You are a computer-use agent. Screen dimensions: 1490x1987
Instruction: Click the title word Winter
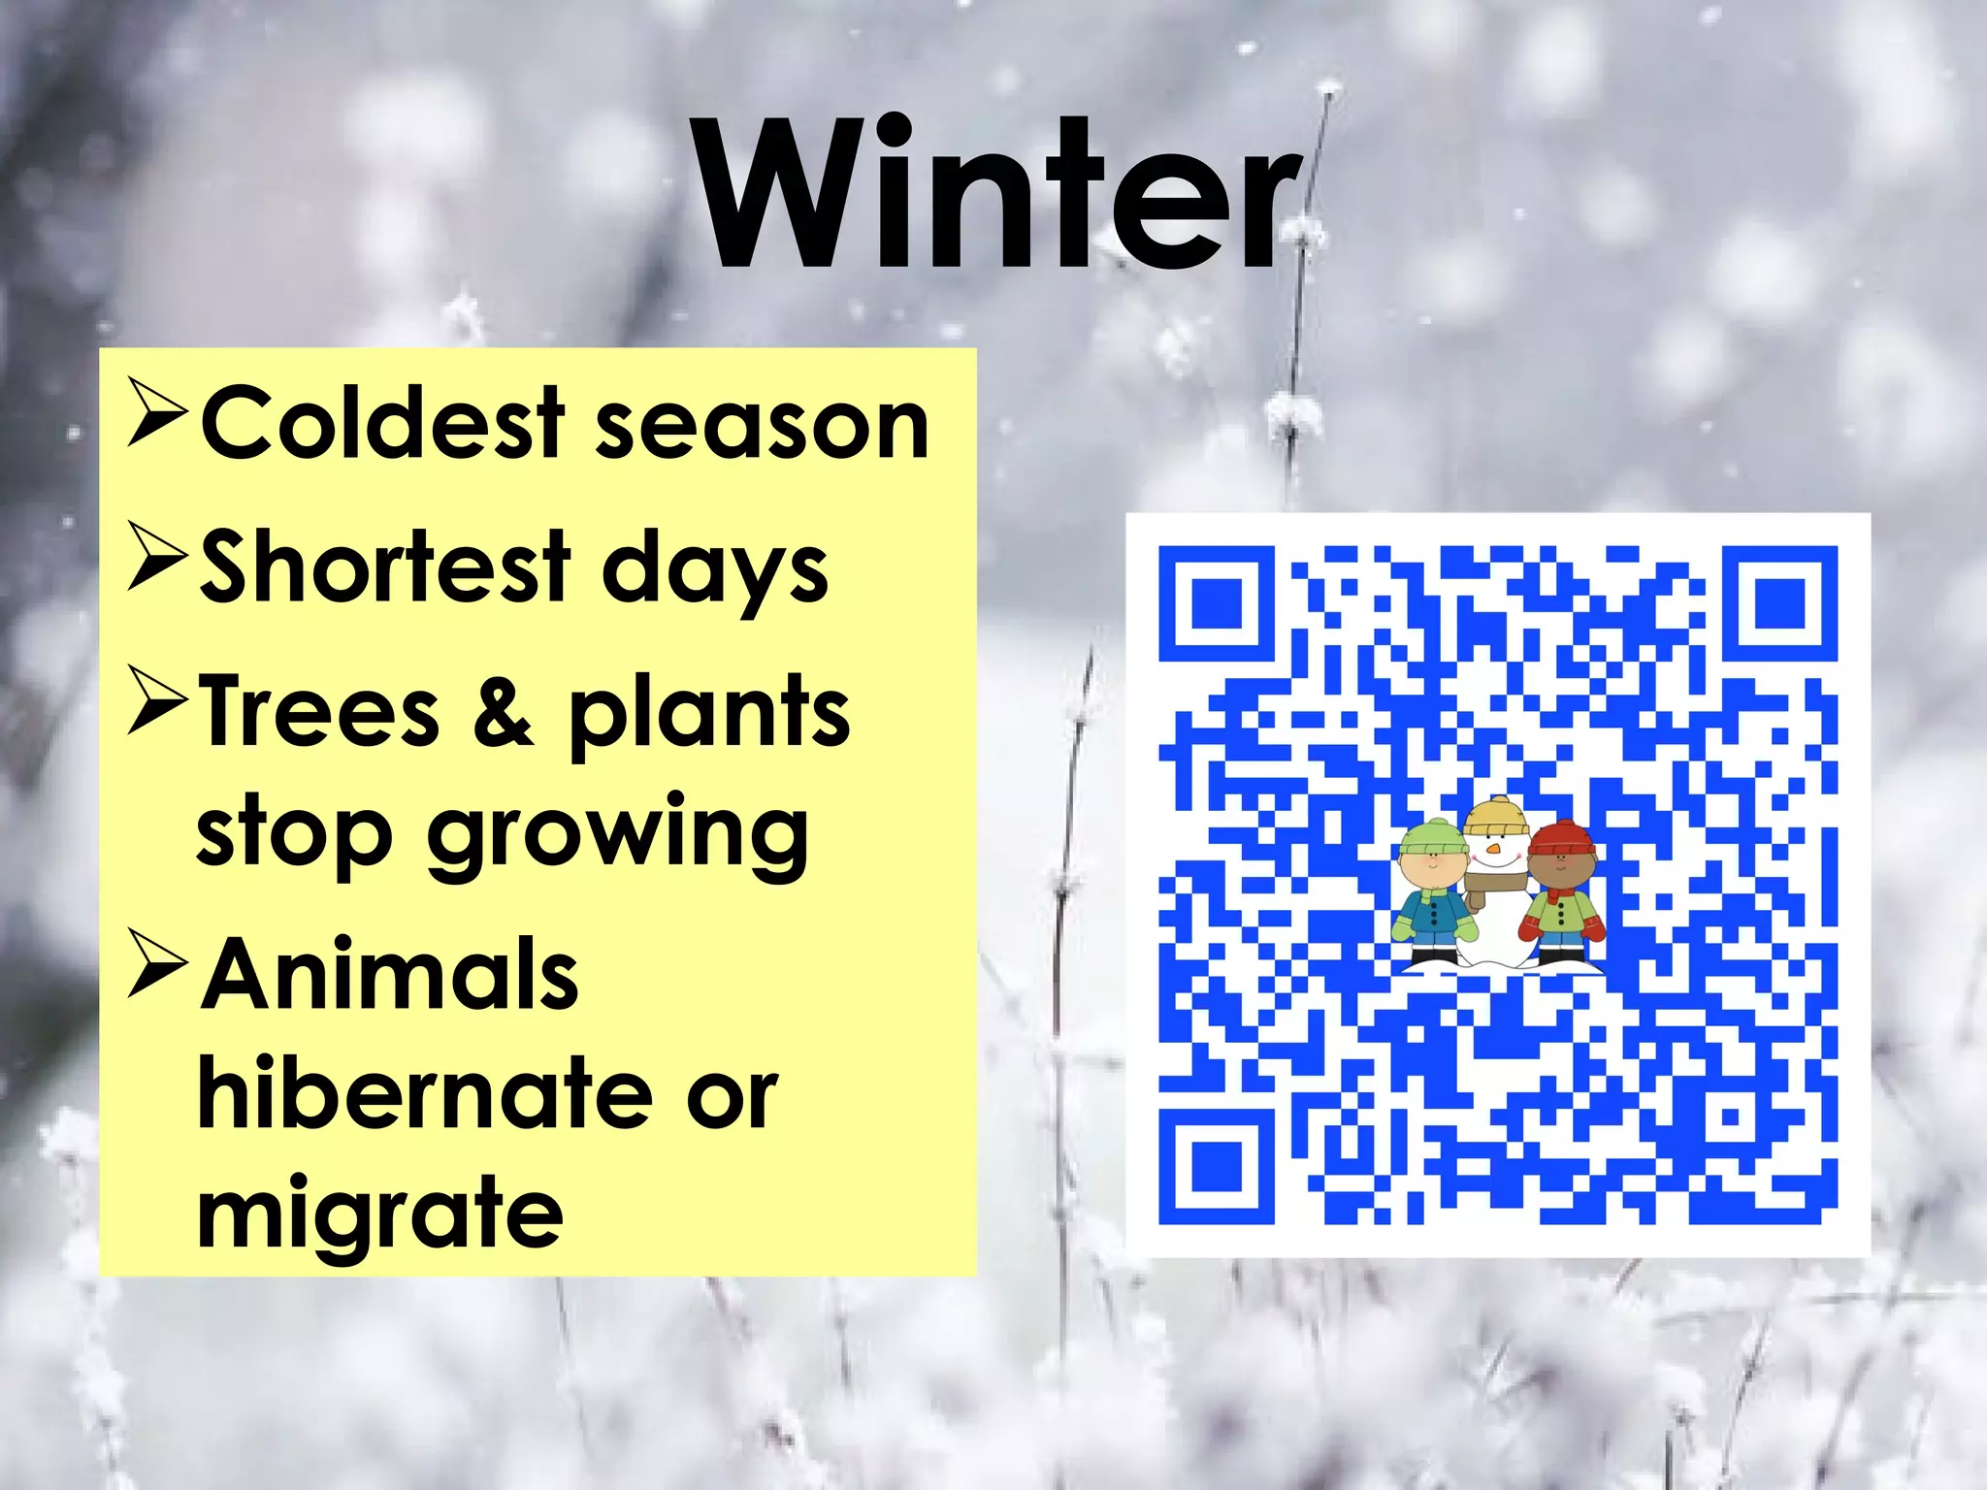point(999,194)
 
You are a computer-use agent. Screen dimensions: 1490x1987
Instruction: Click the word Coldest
point(382,423)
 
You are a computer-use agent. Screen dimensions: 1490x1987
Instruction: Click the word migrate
point(379,1215)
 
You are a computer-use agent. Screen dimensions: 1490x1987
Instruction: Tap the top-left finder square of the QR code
point(1217,603)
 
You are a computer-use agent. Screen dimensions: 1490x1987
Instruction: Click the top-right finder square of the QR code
point(1779,603)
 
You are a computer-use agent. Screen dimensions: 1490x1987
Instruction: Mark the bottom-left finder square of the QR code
point(1217,1165)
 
